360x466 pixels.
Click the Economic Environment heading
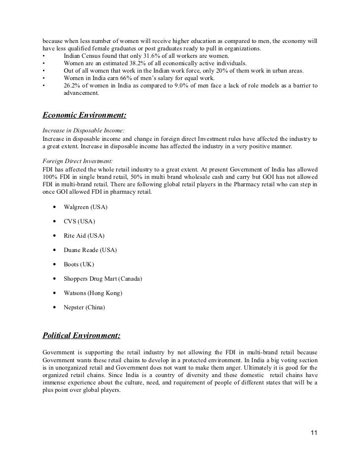(84, 116)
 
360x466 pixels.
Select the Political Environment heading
(81, 335)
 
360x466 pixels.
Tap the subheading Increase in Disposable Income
(83, 130)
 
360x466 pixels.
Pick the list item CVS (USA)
(79, 221)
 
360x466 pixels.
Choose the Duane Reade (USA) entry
(90, 250)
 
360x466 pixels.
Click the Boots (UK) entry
(79, 264)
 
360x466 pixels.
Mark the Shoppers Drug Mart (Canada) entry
(103, 279)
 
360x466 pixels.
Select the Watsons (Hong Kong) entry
(93, 294)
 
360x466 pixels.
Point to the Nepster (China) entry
(85, 308)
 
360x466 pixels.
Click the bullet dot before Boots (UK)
(53, 264)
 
